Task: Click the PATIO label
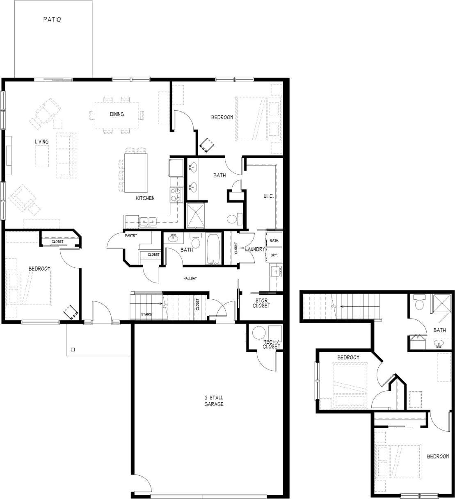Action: [52, 19]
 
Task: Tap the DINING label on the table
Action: [117, 114]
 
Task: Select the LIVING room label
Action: [41, 141]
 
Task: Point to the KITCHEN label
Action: [145, 198]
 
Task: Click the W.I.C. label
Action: [268, 196]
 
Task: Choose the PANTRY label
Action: [131, 235]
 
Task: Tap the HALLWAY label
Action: [190, 278]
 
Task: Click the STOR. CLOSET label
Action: [261, 303]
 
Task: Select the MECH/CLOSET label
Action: [272, 344]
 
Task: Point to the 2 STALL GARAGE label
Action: [214, 401]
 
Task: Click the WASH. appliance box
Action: [274, 240]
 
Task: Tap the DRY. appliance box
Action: [274, 255]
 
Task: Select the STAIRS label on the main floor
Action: [146, 314]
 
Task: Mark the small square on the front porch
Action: [73, 350]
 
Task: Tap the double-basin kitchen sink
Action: [148, 222]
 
